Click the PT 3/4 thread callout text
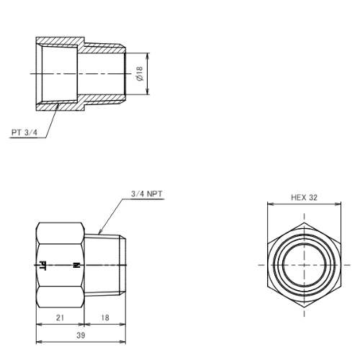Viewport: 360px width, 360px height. click(x=24, y=132)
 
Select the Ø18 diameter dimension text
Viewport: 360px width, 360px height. click(x=140, y=73)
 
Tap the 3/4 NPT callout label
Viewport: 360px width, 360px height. click(x=147, y=194)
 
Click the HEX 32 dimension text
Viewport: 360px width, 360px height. click(x=304, y=197)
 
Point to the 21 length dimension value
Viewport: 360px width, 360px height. click(x=60, y=318)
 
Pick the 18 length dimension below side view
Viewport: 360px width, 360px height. click(x=105, y=318)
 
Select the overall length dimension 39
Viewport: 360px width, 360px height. click(x=81, y=336)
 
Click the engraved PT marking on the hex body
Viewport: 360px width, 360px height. click(x=42, y=266)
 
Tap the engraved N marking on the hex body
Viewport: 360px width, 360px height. click(x=76, y=265)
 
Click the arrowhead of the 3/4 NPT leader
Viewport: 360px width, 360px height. click(x=100, y=232)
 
